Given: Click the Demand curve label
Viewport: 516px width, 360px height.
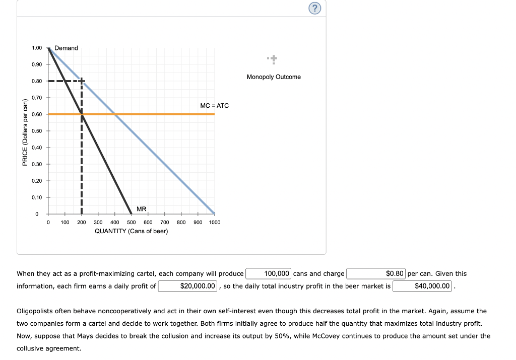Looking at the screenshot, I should [x=66, y=48].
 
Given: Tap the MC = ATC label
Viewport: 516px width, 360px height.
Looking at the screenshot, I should [x=214, y=105].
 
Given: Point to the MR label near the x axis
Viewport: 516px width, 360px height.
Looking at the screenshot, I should [x=141, y=209].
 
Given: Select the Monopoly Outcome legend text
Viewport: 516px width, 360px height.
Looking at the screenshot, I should [x=274, y=77].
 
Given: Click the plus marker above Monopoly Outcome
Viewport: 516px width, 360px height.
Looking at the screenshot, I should [x=273, y=60].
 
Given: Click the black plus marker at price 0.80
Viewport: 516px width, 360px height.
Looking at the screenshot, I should [x=81, y=81].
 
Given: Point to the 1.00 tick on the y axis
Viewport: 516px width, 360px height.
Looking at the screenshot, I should [x=36, y=48].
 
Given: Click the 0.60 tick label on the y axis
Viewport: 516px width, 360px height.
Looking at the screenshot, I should [x=36, y=114].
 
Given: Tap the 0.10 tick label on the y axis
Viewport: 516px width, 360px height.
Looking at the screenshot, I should [x=36, y=197].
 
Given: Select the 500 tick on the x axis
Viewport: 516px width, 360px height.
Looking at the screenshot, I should [x=131, y=222].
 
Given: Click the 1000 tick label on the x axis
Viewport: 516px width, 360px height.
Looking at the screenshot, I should [x=214, y=222].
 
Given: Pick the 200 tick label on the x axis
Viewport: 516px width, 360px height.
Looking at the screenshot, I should [x=81, y=222].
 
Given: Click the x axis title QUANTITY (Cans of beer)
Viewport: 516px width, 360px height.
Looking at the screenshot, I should [x=132, y=231].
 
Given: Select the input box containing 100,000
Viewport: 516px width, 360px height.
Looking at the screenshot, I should [x=268, y=274].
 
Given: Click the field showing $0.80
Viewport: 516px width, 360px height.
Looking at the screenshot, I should [x=376, y=274].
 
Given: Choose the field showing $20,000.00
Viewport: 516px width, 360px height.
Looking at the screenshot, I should [x=188, y=286].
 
